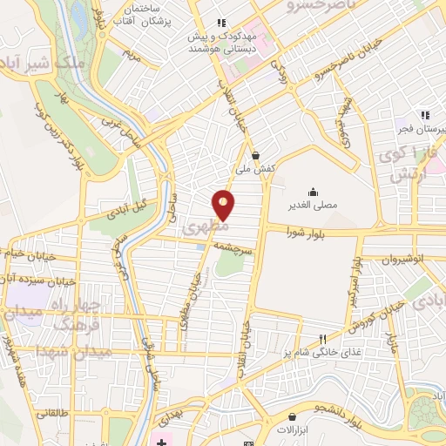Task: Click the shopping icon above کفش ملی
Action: [x=255, y=155]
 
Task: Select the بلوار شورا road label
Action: [x=309, y=231]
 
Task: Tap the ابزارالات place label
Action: [x=299, y=429]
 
